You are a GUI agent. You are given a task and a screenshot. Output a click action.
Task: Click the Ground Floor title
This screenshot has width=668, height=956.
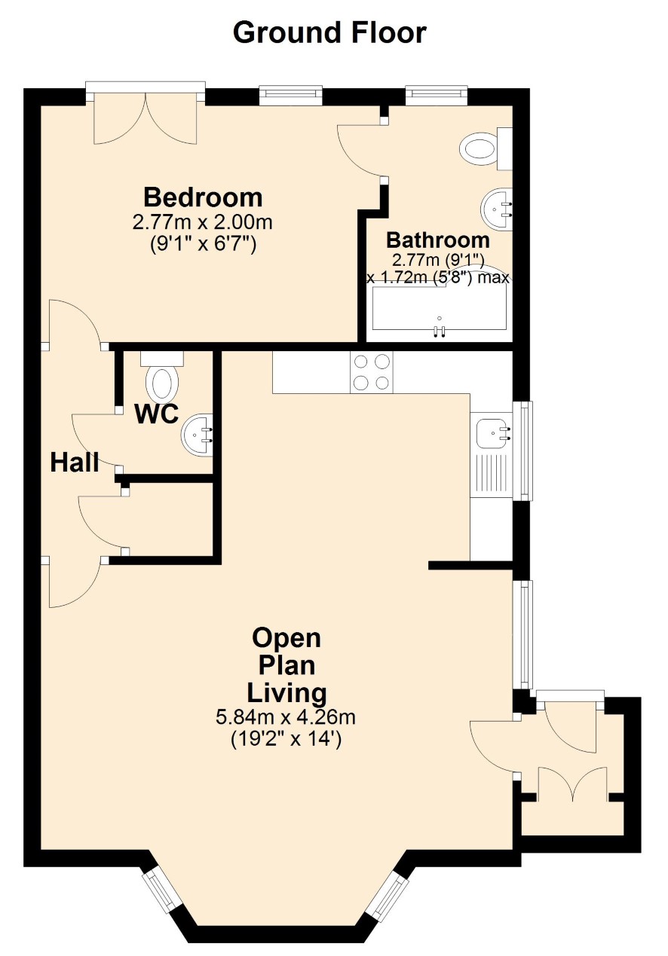[329, 33]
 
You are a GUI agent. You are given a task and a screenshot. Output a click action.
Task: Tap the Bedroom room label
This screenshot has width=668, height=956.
[203, 197]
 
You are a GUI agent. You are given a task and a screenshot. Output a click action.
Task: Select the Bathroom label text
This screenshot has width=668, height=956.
[438, 240]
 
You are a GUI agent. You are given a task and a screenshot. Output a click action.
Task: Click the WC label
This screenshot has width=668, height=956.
[157, 414]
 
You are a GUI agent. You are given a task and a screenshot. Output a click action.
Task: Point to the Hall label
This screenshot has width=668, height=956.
[75, 463]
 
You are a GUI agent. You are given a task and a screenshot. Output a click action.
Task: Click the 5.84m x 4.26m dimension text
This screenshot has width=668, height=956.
[286, 717]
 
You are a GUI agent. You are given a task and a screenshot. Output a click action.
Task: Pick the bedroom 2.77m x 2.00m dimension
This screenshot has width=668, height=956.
[203, 222]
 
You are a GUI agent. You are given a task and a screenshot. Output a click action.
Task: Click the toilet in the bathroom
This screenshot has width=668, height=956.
[486, 148]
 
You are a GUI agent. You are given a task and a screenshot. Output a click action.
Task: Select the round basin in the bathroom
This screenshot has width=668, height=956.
[497, 209]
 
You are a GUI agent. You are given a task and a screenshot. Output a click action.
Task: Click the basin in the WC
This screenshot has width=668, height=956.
[198, 435]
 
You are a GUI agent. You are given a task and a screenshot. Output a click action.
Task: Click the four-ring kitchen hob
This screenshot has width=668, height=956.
[372, 372]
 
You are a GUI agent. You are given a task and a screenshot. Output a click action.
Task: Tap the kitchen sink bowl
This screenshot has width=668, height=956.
[491, 433]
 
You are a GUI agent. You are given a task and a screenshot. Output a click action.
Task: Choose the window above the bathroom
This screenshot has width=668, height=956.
[437, 95]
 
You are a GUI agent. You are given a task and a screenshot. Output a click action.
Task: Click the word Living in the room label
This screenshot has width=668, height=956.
[287, 693]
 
